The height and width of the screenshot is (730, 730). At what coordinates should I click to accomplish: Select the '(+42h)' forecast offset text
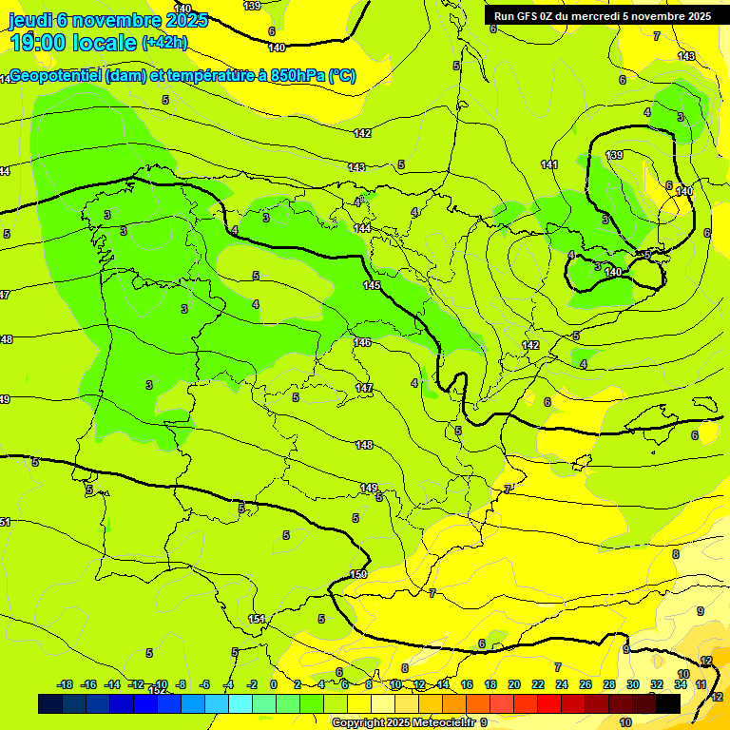[164, 43]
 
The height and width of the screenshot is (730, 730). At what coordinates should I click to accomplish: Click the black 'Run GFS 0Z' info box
[602, 16]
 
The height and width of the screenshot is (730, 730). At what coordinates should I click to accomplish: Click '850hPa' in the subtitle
[298, 76]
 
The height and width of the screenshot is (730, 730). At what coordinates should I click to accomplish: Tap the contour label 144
[362, 229]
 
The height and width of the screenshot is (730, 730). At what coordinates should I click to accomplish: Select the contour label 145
[372, 285]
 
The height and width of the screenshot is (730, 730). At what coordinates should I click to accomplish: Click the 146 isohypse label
[362, 342]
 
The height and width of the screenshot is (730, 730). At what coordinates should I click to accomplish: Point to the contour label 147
[364, 388]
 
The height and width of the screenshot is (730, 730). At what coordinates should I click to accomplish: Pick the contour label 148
[364, 445]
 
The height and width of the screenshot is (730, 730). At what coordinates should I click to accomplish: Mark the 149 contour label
[368, 488]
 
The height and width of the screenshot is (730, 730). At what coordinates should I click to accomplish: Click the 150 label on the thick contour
[358, 574]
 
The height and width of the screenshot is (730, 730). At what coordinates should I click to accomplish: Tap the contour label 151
[257, 619]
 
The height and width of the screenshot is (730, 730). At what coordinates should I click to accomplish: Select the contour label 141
[549, 165]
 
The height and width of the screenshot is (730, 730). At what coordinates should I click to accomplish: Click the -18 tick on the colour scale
[65, 684]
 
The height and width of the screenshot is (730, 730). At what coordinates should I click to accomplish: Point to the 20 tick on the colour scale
[514, 684]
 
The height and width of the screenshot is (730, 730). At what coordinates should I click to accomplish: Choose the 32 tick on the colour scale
[657, 684]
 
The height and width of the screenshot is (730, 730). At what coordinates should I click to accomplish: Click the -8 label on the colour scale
[181, 684]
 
